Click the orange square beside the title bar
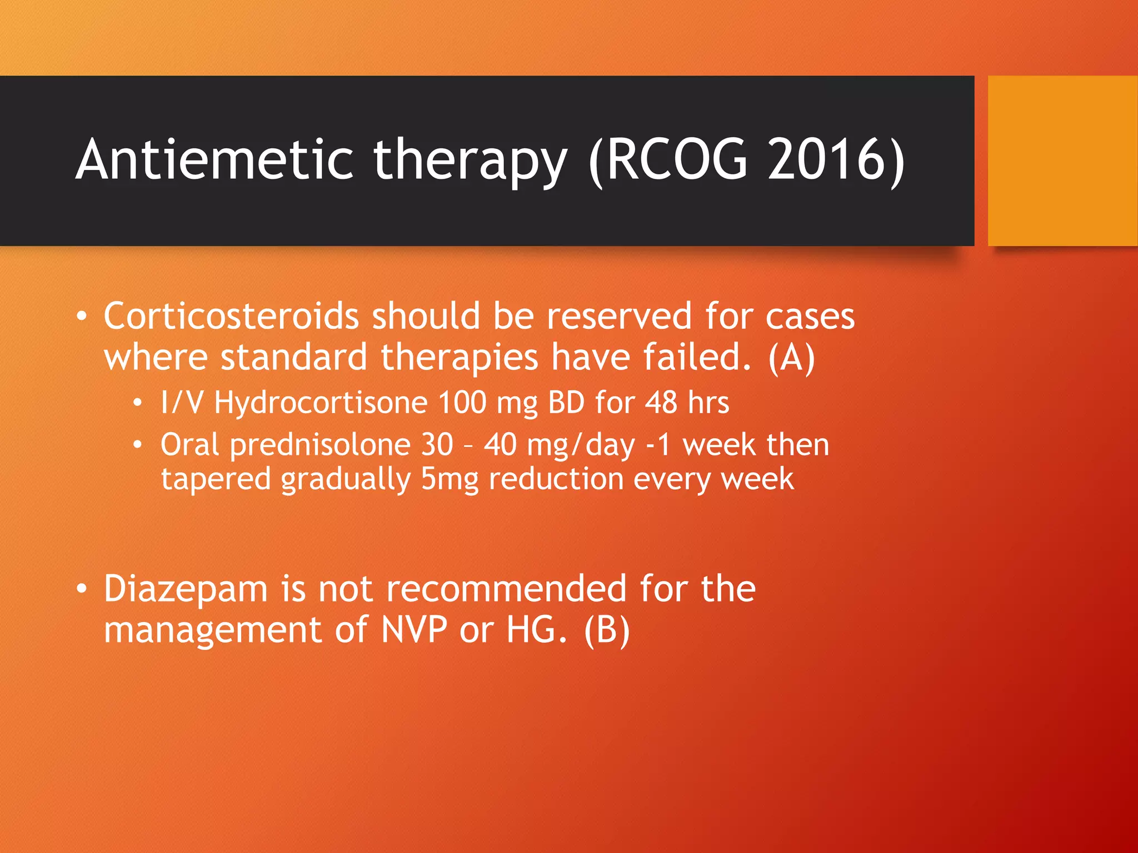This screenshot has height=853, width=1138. coord(1062,160)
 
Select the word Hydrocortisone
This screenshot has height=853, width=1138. coord(321,402)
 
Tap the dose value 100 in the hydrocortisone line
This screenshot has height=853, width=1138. coord(462,402)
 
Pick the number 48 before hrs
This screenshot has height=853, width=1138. coord(661,402)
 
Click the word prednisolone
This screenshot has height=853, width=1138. coord(320,445)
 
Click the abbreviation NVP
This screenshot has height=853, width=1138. coord(414,630)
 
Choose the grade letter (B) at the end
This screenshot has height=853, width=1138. coord(607,630)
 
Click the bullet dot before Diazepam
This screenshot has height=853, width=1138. coord(82,589)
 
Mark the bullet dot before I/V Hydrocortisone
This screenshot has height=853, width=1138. coord(137,403)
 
